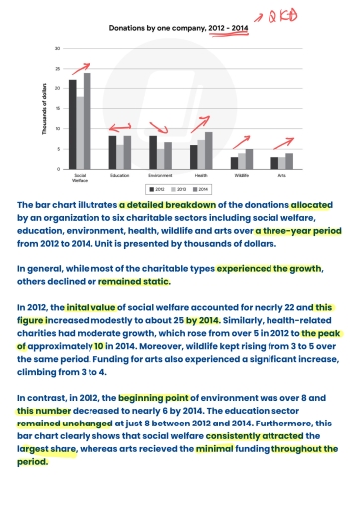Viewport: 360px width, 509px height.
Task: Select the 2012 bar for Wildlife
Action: [235, 163]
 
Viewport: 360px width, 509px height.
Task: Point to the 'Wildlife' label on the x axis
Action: [242, 175]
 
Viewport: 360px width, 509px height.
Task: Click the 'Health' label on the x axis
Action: [201, 175]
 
